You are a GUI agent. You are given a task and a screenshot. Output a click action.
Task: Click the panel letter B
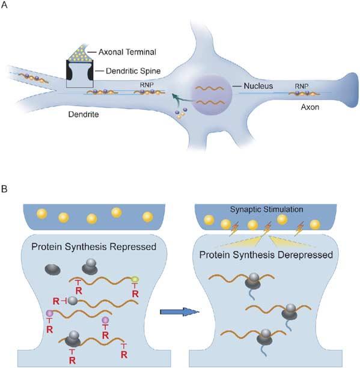click(5, 189)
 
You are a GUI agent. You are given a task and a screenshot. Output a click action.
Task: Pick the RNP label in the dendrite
click(148, 85)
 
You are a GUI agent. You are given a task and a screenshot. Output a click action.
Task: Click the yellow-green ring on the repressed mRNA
click(136, 280)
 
